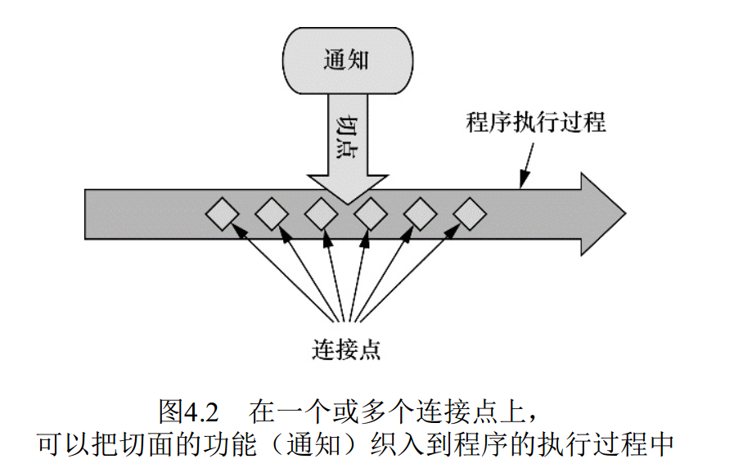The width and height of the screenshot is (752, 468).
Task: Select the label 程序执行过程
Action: coord(536,124)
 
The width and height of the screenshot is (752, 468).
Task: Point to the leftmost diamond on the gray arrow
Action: coord(222,214)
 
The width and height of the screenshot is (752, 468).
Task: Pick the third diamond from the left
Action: coord(321,214)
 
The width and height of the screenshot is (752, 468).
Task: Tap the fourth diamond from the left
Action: coord(371,214)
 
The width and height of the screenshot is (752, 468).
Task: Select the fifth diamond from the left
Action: coord(421,214)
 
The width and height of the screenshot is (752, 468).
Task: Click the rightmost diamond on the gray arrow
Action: coord(470,214)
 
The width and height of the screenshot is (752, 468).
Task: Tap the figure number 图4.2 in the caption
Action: coord(187,409)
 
